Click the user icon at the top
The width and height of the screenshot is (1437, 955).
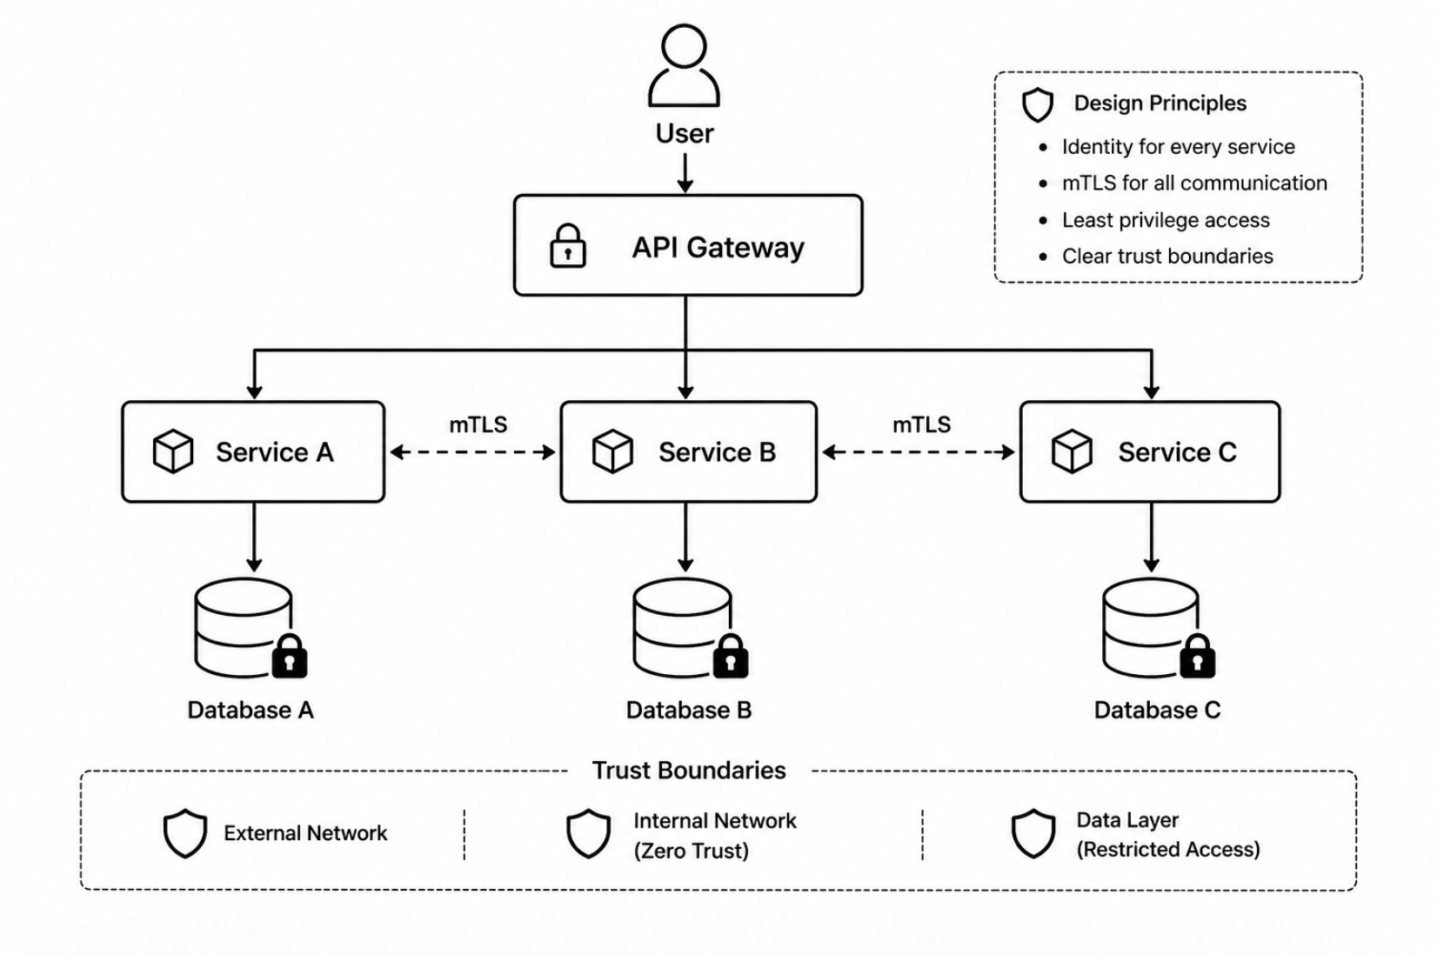click(x=684, y=65)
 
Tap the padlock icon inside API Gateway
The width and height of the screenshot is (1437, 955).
click(x=568, y=245)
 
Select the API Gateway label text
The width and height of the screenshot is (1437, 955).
click(x=718, y=248)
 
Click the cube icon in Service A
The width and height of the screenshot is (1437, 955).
click(x=173, y=451)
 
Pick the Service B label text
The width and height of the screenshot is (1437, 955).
click(x=718, y=452)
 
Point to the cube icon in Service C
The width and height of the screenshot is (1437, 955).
click(x=1072, y=451)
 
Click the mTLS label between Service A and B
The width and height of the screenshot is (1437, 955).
click(x=478, y=424)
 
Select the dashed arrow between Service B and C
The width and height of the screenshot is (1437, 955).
click(x=919, y=453)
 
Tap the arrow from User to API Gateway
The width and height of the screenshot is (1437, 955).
click(x=685, y=172)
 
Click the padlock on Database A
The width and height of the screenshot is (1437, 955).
click(x=290, y=656)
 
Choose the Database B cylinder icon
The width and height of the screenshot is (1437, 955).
click(x=683, y=627)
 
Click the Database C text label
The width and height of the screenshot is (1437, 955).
click(x=1157, y=710)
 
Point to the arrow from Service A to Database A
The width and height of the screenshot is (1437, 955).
click(x=254, y=537)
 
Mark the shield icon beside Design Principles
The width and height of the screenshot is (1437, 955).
click(x=1038, y=104)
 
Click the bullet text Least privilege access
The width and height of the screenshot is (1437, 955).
click(x=1166, y=220)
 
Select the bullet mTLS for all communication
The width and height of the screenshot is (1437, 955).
click(x=1194, y=184)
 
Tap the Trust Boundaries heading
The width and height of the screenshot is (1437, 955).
click(x=689, y=771)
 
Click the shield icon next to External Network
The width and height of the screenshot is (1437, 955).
click(x=185, y=833)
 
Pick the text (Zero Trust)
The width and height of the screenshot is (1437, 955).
click(x=692, y=851)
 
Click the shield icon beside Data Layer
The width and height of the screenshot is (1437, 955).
click(x=1033, y=833)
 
